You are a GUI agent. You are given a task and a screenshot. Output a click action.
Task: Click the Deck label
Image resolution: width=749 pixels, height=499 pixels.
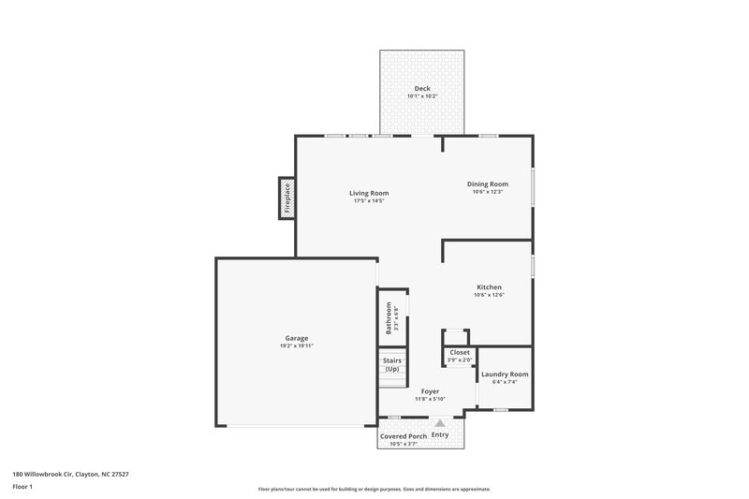(423, 89)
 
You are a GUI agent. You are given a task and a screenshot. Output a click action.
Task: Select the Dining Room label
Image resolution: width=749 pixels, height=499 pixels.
(488, 183)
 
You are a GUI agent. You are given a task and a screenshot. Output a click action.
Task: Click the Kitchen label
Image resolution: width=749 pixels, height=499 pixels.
(489, 286)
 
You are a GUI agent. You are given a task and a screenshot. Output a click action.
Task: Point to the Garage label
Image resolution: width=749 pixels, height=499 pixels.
(297, 338)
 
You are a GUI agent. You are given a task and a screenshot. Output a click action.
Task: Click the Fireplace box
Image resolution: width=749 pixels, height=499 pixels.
(287, 198)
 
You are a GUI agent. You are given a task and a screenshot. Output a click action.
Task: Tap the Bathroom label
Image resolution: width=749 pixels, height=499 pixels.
(388, 317)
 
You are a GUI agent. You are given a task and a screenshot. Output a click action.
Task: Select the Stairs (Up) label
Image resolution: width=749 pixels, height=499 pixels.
(391, 363)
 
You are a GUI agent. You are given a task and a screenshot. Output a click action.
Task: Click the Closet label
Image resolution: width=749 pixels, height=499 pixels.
(459, 353)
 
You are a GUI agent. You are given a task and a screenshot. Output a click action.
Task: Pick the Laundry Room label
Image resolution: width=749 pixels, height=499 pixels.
(505, 374)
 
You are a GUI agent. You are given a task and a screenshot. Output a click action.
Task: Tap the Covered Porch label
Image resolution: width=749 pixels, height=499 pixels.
(404, 436)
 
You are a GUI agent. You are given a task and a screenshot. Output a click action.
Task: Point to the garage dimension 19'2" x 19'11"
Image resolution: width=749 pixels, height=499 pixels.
(297, 346)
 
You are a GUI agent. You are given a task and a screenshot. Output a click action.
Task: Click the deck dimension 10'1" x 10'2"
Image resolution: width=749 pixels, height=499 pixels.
(423, 96)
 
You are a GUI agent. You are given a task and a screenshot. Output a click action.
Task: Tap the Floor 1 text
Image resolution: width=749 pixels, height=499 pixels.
(22, 487)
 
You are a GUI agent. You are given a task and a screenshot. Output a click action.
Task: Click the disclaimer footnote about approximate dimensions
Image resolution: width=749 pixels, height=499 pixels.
(374, 489)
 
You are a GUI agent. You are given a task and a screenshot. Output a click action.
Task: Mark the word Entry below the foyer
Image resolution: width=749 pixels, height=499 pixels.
(440, 435)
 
